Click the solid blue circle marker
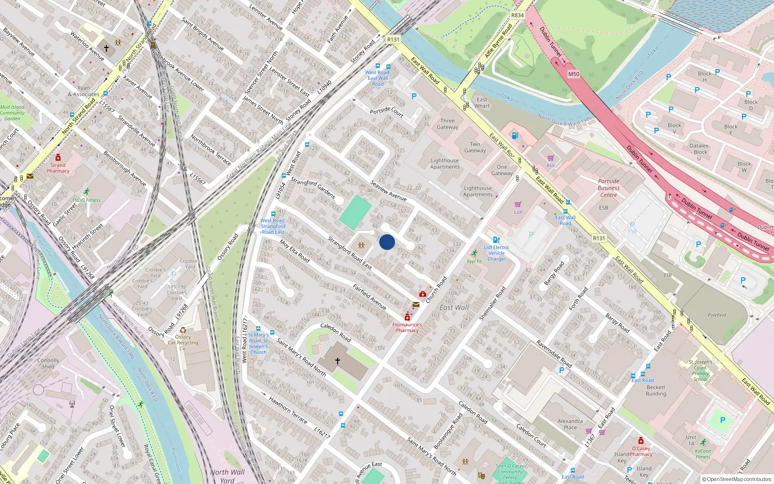tap(387, 242)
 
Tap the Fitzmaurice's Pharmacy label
tap(407, 328)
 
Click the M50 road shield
tap(573, 74)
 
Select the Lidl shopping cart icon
tap(518, 205)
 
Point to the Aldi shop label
tap(551, 166)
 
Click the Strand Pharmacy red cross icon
tap(58, 157)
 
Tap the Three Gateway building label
tap(447, 124)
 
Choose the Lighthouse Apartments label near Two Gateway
tap(445, 164)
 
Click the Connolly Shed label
tap(48, 363)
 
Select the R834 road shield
tap(517, 15)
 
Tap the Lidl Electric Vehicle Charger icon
tap(496, 240)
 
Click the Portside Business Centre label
tap(609, 188)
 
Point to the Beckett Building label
tap(656, 391)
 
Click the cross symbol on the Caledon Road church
tap(338, 361)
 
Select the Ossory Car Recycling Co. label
tap(183, 342)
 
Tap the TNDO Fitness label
tap(87, 200)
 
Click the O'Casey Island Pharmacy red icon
tap(641, 440)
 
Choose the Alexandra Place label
tap(570, 424)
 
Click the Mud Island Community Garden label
tap(13, 113)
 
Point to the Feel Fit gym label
tap(475, 261)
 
